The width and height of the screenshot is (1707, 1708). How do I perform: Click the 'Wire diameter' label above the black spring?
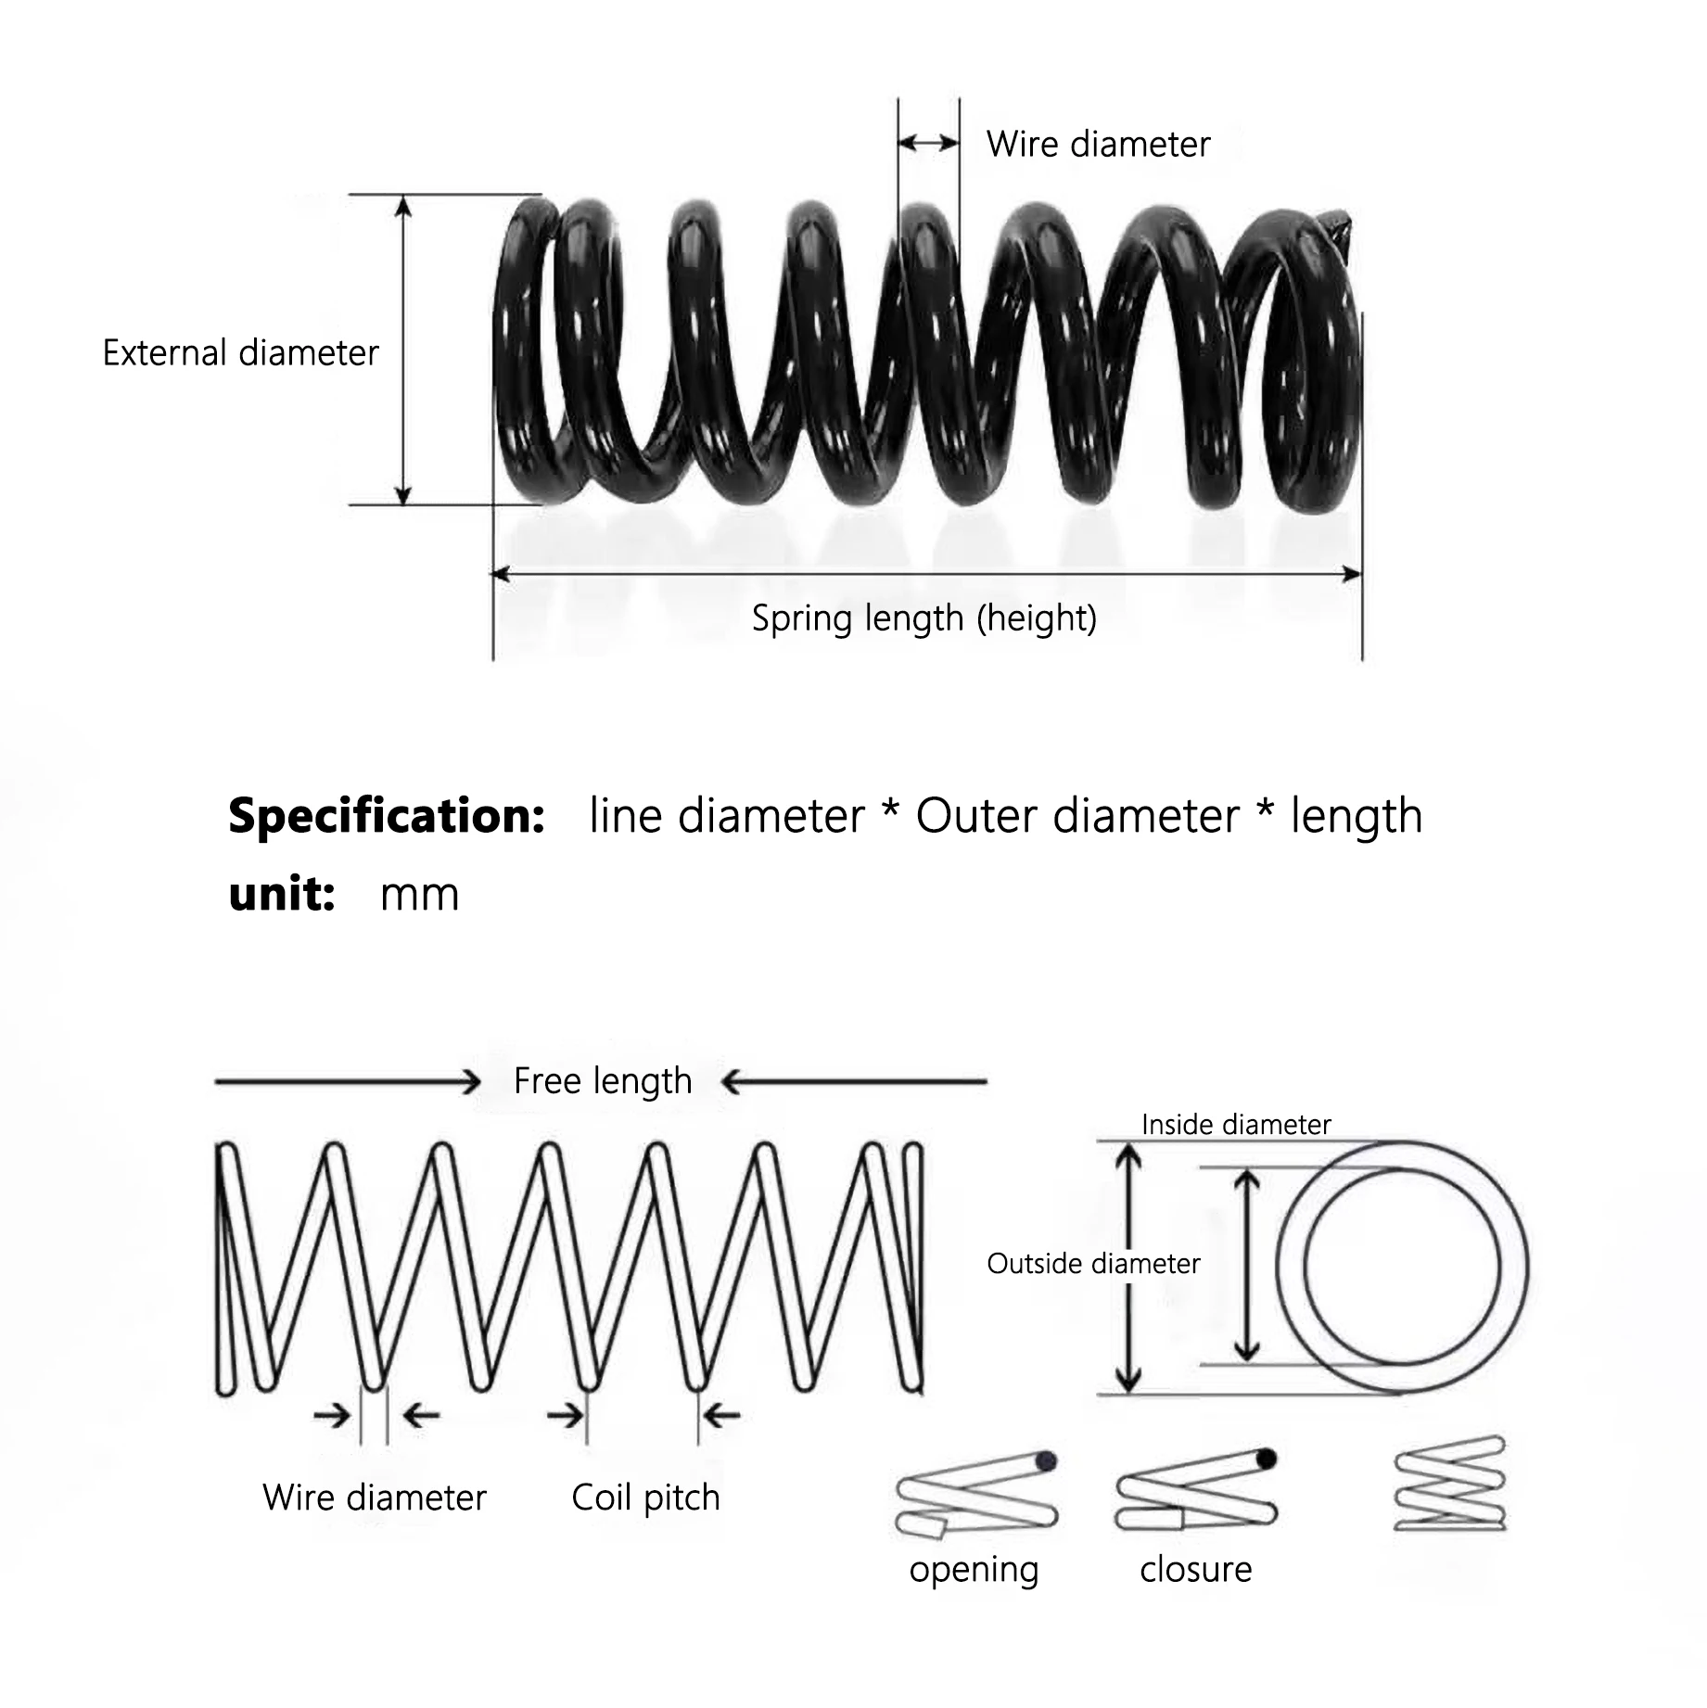(1098, 145)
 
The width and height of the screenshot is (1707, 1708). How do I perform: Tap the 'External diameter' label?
(241, 353)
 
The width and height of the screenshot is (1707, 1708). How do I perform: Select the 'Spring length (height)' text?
(924, 618)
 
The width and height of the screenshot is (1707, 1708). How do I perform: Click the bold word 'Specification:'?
(387, 816)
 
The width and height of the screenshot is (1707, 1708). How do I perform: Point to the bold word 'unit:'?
(282, 894)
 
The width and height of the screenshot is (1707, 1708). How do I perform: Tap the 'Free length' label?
(603, 1081)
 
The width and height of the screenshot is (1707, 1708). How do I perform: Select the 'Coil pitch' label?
(645, 1498)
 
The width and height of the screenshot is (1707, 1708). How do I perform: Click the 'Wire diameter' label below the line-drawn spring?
(375, 1498)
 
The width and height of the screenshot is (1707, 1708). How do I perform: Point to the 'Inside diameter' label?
(1236, 1125)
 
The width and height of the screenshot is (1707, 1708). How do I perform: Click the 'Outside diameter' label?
(1093, 1264)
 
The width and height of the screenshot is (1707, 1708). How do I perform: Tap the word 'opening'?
(974, 1570)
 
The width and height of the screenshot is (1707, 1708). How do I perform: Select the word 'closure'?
(1195, 1570)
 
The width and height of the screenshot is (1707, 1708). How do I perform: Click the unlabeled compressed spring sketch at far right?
(1450, 1484)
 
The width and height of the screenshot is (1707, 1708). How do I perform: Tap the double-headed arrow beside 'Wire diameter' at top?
(928, 143)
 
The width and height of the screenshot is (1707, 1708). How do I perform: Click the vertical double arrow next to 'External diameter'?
(403, 351)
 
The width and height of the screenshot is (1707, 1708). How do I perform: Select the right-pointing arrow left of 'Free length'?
(348, 1081)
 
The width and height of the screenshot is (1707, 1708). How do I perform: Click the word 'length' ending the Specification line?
(1357, 816)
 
